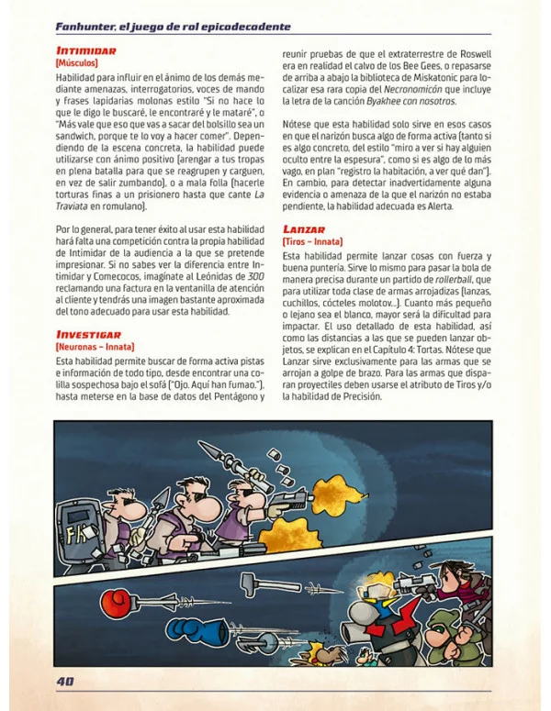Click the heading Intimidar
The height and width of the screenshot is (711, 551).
click(x=86, y=50)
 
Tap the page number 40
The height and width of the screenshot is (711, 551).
click(x=65, y=681)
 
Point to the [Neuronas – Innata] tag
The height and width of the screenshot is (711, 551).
click(x=96, y=348)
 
